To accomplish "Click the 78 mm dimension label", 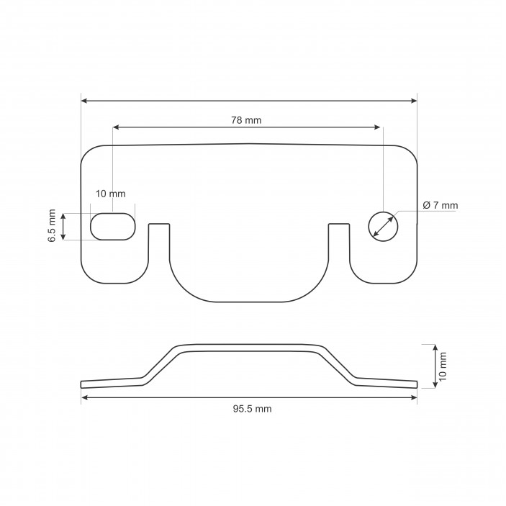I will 246,120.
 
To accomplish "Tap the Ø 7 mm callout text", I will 440,206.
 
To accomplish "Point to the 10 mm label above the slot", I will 111,194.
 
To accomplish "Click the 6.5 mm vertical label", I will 52,225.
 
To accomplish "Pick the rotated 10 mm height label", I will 443,366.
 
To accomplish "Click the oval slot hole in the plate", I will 112,226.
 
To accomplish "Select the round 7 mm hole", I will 383,226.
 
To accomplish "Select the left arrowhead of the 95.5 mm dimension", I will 85,397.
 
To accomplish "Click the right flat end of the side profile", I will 392,381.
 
